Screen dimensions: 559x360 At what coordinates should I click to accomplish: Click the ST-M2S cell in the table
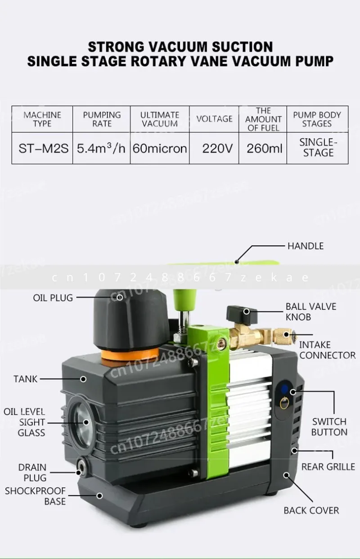[x=43, y=148]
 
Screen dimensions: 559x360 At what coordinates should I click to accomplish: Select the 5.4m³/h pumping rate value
[x=101, y=148]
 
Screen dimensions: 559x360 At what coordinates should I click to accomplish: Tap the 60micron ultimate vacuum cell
[x=160, y=148]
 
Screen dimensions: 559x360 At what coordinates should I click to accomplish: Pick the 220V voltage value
[x=217, y=148]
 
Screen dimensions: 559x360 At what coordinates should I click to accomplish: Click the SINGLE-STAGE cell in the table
[x=318, y=148]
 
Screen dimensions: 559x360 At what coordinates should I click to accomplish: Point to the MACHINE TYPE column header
[x=42, y=119]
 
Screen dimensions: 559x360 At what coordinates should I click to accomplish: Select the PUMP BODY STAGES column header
[x=317, y=119]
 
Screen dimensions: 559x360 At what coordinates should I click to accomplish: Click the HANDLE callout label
[x=306, y=246]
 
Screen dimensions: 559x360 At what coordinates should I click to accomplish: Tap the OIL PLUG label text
[x=53, y=298]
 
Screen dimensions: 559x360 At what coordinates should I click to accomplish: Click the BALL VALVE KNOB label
[x=310, y=311]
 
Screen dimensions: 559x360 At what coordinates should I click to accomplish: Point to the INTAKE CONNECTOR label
[x=327, y=350]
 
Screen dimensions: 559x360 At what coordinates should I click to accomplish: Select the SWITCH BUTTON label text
[x=329, y=427]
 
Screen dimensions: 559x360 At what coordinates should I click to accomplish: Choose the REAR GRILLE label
[x=328, y=467]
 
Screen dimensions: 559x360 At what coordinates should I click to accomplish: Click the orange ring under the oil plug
[x=130, y=355]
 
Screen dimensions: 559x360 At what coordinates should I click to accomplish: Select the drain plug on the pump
[x=81, y=472]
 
